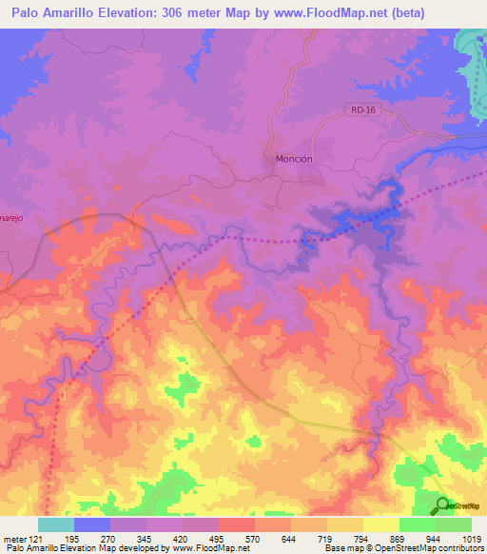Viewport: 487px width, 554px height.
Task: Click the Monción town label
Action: tap(293, 159)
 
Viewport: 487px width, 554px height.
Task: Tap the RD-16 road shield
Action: tap(358, 110)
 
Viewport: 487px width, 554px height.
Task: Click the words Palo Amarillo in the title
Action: tap(58, 13)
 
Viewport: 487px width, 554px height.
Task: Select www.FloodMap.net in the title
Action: tap(320, 13)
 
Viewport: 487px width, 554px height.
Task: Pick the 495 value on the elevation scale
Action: tap(218, 539)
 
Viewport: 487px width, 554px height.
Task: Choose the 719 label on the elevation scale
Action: tap(327, 539)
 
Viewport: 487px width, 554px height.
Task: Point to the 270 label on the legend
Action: tap(109, 539)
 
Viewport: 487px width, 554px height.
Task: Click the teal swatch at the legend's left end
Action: tap(55, 524)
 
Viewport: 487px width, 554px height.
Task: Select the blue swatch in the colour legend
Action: tap(91, 524)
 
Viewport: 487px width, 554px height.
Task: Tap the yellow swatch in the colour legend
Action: tap(380, 524)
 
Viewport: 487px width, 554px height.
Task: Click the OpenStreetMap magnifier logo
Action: tap(443, 505)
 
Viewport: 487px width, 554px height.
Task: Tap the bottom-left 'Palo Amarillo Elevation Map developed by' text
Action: tap(86, 549)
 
